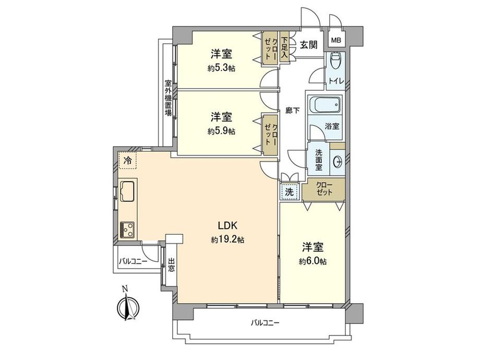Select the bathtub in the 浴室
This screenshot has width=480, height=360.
point(324,105)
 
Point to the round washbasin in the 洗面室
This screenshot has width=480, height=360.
point(337,161)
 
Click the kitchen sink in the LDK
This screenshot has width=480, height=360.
point(127,190)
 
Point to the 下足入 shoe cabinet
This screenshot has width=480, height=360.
point(284,47)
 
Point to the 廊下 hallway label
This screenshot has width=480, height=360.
point(292,111)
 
